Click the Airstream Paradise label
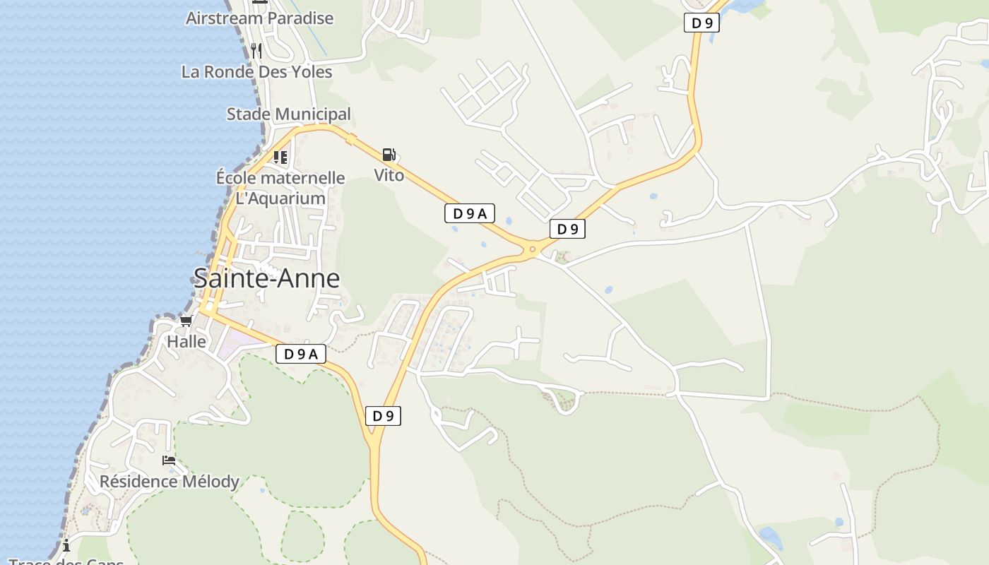click(x=259, y=18)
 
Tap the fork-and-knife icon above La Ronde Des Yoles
click(x=256, y=50)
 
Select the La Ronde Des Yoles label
click(x=256, y=72)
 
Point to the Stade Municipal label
click(x=288, y=114)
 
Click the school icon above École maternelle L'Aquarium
click(x=280, y=157)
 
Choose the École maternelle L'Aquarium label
click(x=280, y=188)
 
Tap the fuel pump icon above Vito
click(x=389, y=155)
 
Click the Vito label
click(x=389, y=175)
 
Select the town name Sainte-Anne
click(x=266, y=279)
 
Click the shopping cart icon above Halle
click(x=186, y=321)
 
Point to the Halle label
click(x=186, y=342)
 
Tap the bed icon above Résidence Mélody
click(x=169, y=460)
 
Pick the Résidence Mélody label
click(x=170, y=482)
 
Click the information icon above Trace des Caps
click(x=66, y=545)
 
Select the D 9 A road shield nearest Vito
click(x=469, y=213)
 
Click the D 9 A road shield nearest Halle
click(x=300, y=354)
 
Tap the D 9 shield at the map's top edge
click(x=701, y=23)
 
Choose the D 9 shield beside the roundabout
click(x=567, y=229)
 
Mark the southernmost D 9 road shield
click(x=383, y=416)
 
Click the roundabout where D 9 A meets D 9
click(x=532, y=249)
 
